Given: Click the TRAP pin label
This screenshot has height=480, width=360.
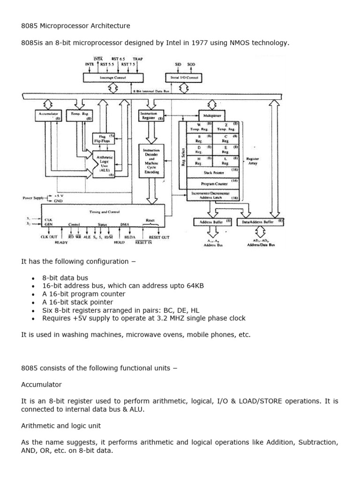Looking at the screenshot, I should pos(137,60).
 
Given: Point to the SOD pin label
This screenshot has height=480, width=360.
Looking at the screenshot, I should pos(191,64).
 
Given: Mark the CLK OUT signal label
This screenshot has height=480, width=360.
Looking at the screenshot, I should pos(48,237).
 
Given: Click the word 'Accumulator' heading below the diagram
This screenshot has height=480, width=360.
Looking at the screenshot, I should pos(41,384).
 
